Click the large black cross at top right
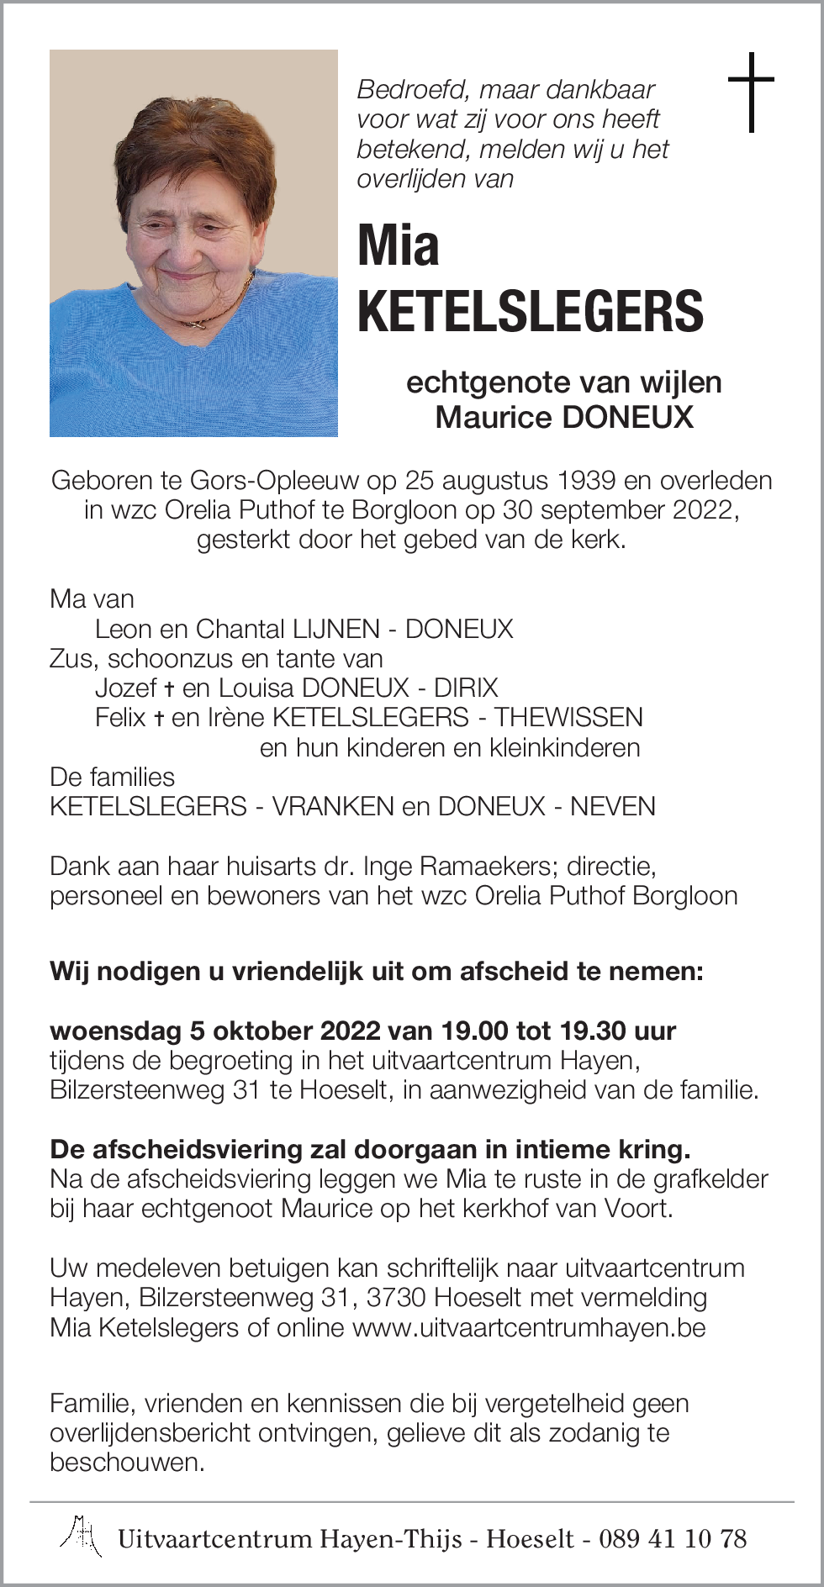point(750,92)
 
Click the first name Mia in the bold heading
point(398,246)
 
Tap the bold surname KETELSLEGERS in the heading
point(530,310)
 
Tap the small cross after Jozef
point(169,688)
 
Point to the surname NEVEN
point(612,806)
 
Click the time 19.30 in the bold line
point(590,1031)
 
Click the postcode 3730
point(396,1298)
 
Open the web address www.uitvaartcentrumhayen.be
point(529,1327)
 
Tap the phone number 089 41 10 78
point(672,1539)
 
